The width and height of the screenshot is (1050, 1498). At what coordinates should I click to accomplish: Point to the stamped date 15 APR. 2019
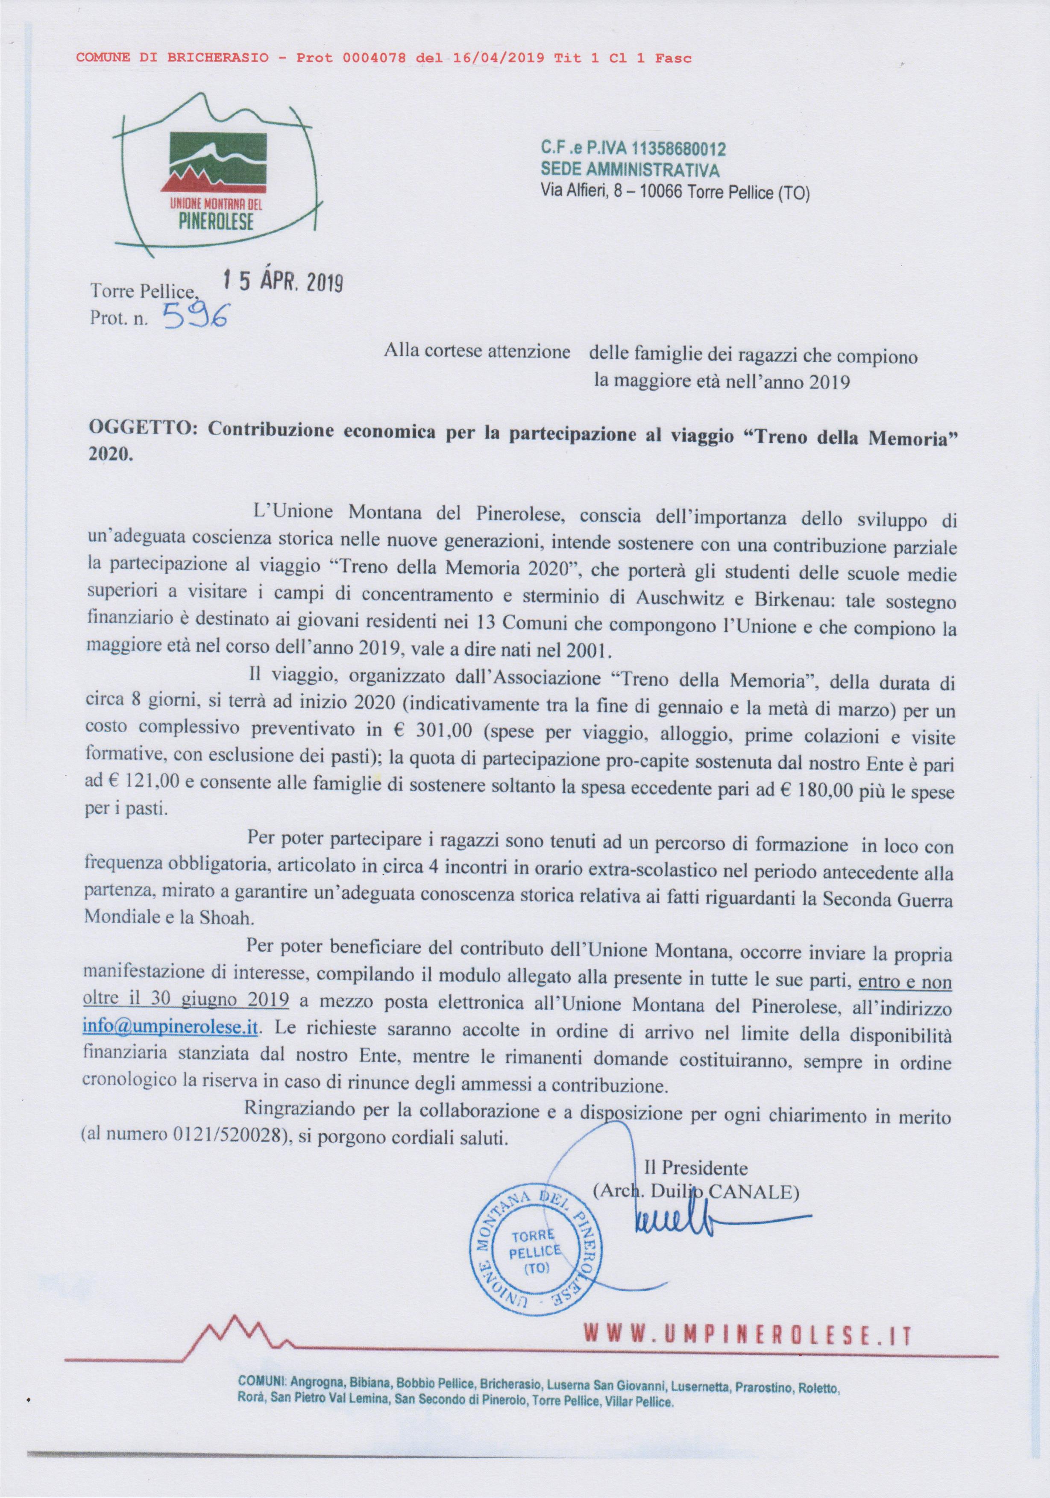pyautogui.click(x=282, y=282)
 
